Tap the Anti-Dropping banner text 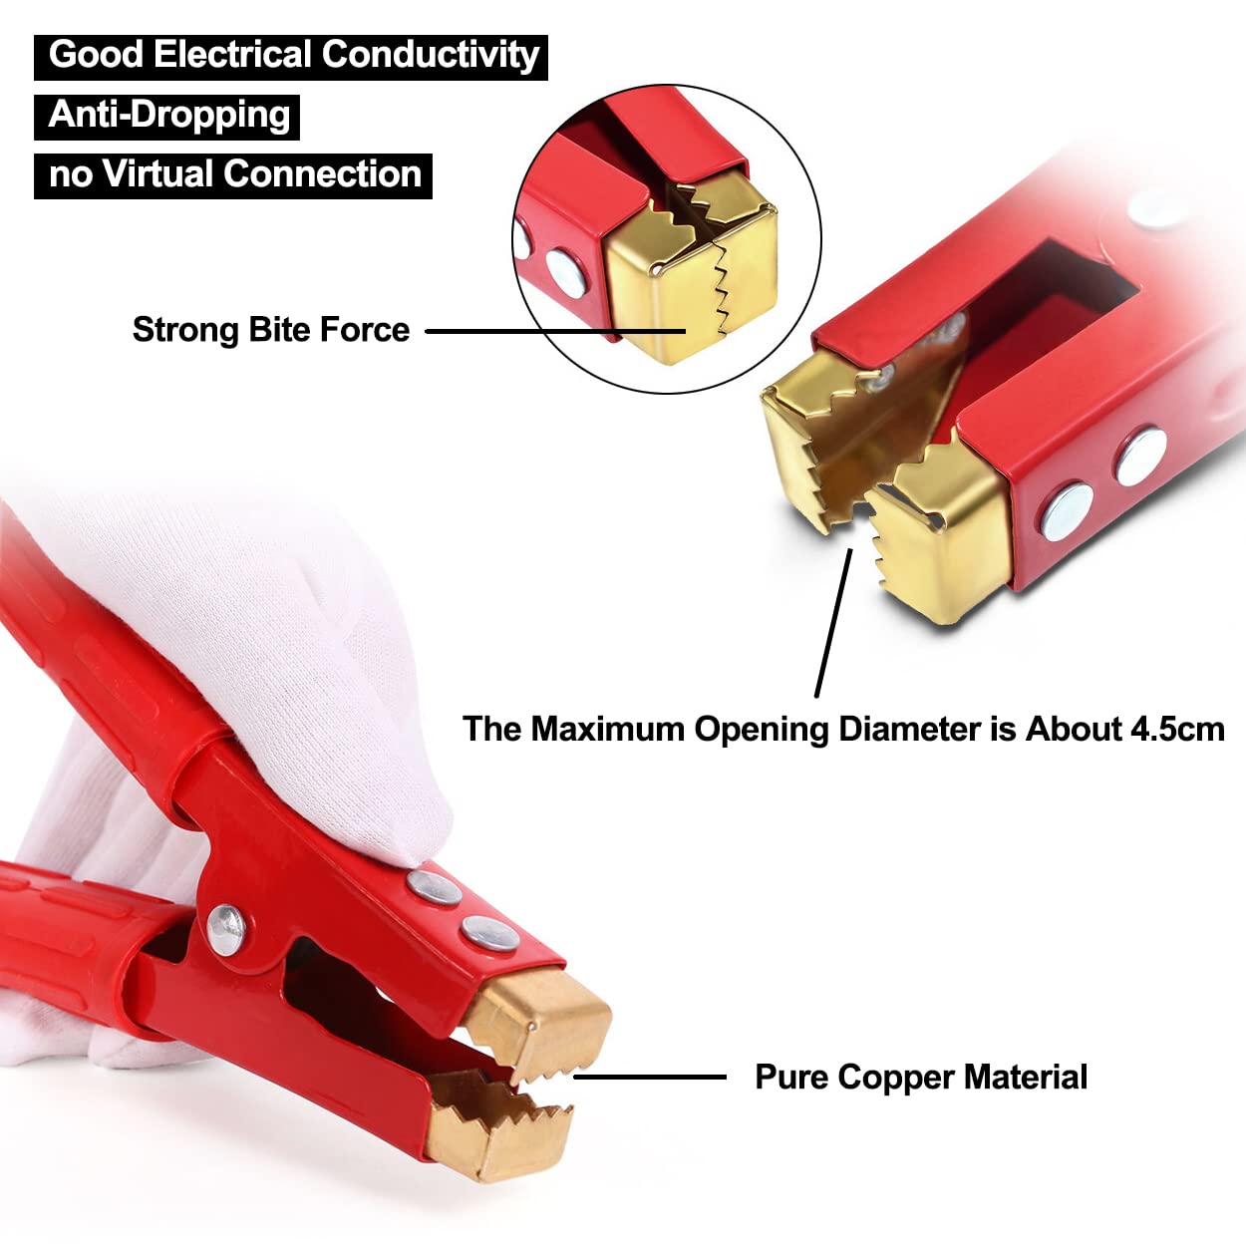pyautogui.click(x=168, y=115)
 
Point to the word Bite pyautogui.click(x=276, y=330)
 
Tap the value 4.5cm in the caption pyautogui.click(x=1176, y=729)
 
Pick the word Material pyautogui.click(x=1026, y=1078)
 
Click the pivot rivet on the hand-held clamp pyautogui.click(x=227, y=929)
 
